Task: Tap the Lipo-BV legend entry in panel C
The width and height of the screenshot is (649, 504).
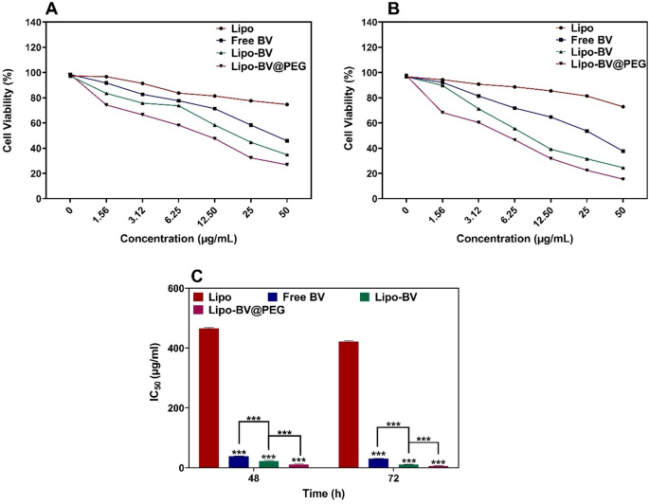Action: (388, 296)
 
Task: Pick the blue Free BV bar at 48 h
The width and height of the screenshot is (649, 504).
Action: (238, 461)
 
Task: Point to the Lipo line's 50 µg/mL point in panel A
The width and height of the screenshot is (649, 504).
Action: (286, 104)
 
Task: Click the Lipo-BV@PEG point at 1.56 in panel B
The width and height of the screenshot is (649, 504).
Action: (442, 113)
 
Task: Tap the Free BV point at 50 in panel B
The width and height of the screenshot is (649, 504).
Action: (622, 151)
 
